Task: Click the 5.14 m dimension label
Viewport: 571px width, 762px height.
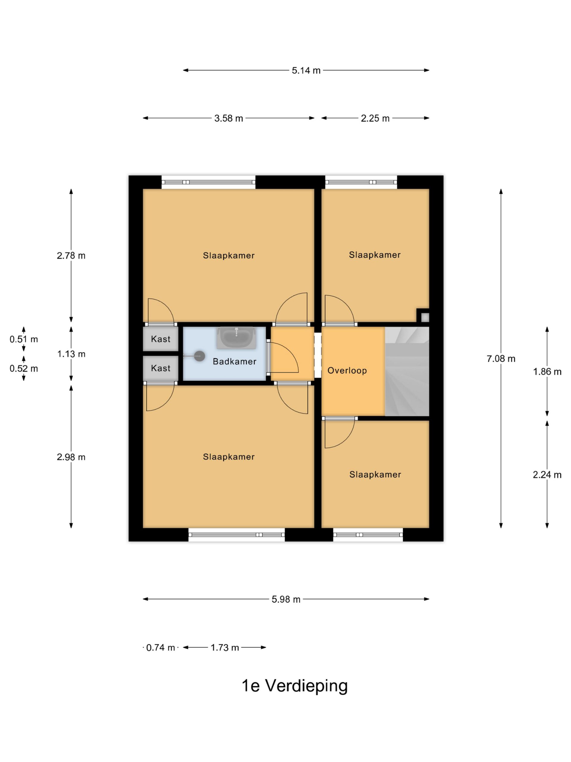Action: [306, 70]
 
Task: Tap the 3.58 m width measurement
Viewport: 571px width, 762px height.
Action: [228, 118]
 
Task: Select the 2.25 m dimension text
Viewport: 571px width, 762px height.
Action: [375, 118]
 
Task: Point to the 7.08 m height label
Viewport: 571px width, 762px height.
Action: [501, 359]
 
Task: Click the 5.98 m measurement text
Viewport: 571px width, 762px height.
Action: [286, 599]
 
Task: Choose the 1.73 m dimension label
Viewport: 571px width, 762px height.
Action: [225, 648]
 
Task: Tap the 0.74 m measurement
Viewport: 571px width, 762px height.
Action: [161, 648]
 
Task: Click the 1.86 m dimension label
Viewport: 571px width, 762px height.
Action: [547, 372]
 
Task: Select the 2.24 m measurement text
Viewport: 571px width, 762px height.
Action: [547, 475]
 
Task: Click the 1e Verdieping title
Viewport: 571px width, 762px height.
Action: [295, 686]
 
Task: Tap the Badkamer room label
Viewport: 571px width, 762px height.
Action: [234, 361]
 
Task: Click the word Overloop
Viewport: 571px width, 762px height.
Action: [347, 371]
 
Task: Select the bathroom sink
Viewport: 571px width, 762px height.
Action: [236, 338]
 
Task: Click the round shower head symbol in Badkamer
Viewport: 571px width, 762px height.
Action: [200, 356]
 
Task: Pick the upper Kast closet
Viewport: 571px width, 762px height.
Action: [161, 339]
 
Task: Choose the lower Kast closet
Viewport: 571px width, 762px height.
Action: [161, 368]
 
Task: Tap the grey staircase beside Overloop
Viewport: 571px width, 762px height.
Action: [407, 371]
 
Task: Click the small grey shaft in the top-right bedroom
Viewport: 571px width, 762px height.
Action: [425, 317]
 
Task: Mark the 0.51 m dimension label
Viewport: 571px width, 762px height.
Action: [24, 339]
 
